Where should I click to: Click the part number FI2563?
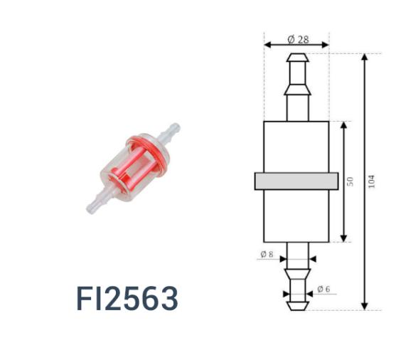127,300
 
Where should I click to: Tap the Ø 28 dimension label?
297,39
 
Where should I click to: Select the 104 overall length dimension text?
372,181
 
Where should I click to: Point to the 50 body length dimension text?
350,181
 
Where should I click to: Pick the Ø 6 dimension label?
324,289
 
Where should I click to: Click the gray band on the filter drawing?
296,181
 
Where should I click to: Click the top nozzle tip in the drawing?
296,58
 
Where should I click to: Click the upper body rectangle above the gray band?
296,146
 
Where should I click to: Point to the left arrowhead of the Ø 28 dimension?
267,45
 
